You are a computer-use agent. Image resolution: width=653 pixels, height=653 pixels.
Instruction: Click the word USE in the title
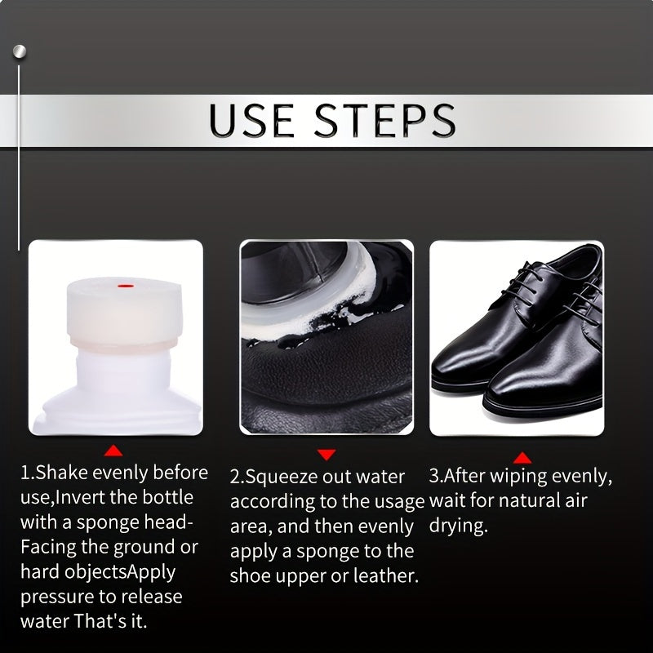tap(251, 120)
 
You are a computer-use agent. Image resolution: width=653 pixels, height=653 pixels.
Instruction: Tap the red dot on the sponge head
tap(122, 286)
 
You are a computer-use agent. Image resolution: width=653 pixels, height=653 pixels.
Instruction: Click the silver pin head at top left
tap(19, 51)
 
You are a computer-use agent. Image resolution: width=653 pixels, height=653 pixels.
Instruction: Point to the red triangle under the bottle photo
tap(114, 450)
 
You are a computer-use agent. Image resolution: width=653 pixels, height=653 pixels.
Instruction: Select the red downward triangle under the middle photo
tap(326, 454)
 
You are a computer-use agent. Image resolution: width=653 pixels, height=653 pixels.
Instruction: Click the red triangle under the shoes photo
tap(522, 458)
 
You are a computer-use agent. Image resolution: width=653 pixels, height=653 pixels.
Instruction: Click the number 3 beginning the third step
tap(433, 476)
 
